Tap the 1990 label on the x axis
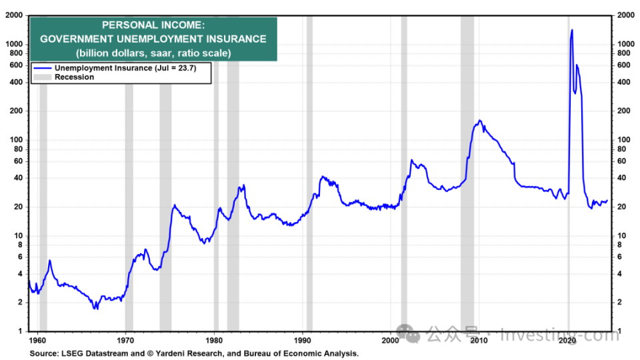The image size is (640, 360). pos(303,341)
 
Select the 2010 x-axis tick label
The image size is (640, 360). pos(479,341)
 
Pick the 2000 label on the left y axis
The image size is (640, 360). pos(15,15)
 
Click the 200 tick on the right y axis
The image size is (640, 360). pos(625,111)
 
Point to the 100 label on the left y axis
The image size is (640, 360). pos(17,140)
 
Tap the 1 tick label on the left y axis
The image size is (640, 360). pos(21,331)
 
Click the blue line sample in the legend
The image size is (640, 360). pos(43,68)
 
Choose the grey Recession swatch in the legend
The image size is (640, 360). pos(43,77)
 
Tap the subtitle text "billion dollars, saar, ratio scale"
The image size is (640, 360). pos(153,53)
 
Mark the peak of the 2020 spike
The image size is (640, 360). pos(572,29)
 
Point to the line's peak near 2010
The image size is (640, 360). pos(479,121)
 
